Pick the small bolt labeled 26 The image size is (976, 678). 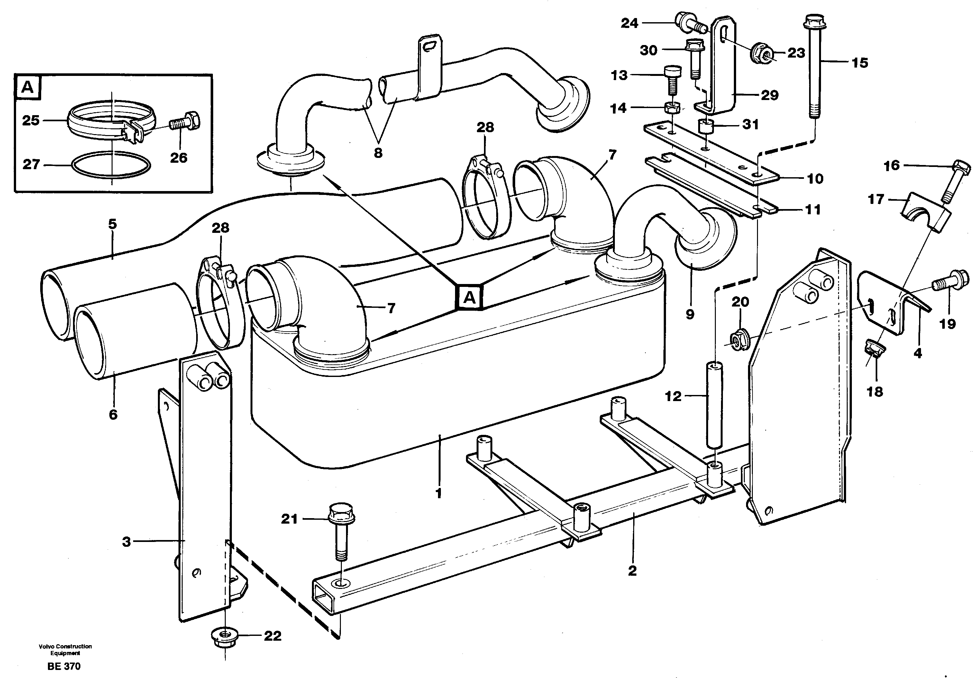(185, 122)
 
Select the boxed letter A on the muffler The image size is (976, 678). (469, 297)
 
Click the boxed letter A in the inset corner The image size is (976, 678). (27, 87)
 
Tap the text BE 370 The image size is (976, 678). (64, 666)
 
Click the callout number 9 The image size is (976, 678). (690, 314)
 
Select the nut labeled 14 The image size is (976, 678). (672, 108)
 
